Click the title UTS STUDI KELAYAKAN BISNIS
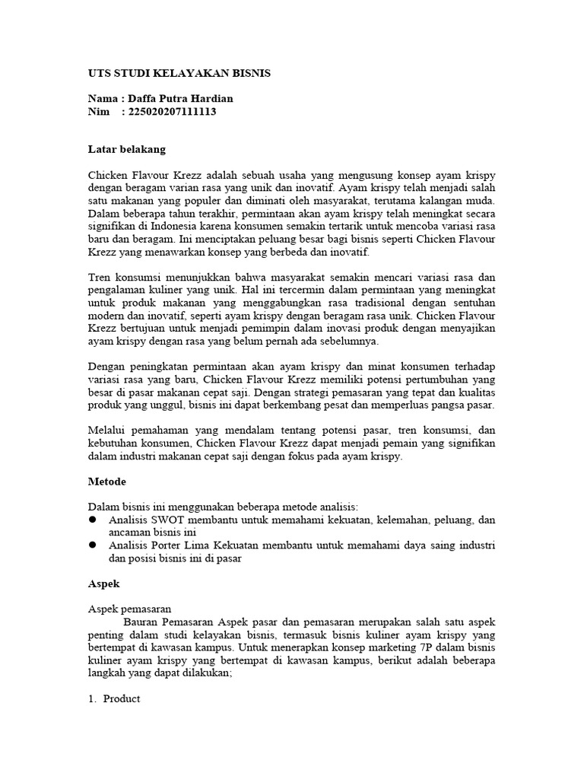tap(179, 73)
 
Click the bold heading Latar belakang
tap(126, 148)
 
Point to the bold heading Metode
tap(106, 482)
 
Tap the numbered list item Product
tap(122, 699)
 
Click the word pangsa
tap(436, 405)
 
